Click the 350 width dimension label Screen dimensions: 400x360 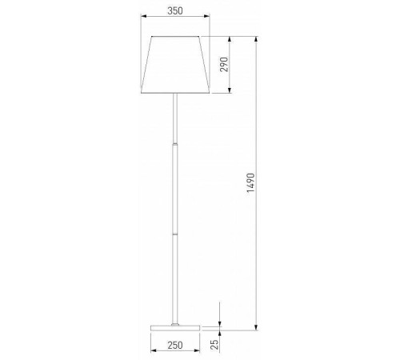pyautogui.click(x=175, y=11)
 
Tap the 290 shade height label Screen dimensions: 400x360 pyautogui.click(x=224, y=64)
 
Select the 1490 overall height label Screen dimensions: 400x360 pyautogui.click(x=250, y=182)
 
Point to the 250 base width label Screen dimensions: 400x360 pyautogui.click(x=175, y=346)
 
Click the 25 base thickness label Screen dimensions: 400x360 pyautogui.click(x=214, y=344)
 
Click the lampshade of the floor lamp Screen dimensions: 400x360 pyautogui.click(x=175, y=65)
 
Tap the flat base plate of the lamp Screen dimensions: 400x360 pyautogui.click(x=175, y=328)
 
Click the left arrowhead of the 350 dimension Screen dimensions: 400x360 pyautogui.click(x=144, y=16)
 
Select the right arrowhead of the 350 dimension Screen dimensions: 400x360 pyautogui.click(x=206, y=16)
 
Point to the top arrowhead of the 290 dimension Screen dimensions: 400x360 pyautogui.click(x=230, y=39)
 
